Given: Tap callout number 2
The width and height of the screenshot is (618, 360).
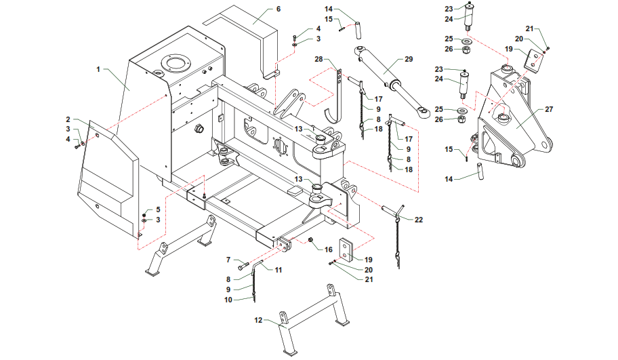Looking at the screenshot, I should (68, 120).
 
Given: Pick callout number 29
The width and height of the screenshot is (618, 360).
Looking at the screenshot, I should (409, 59).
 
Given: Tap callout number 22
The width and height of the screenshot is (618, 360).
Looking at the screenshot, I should (419, 220).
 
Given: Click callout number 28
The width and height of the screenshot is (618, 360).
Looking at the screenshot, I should (318, 60).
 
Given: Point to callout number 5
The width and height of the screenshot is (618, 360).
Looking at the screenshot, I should (158, 209).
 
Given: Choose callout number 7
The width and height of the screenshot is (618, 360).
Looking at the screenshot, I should (229, 260).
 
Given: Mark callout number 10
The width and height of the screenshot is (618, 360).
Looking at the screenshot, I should (229, 299).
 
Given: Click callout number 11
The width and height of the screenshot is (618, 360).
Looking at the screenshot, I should (278, 270).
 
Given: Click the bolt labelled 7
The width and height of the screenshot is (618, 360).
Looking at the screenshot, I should (245, 265).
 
